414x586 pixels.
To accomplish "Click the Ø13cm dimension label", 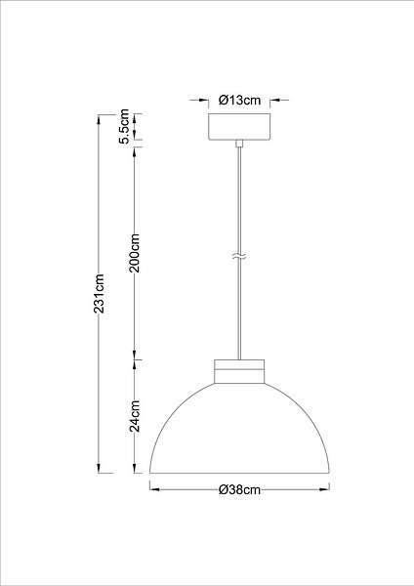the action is [x=239, y=101].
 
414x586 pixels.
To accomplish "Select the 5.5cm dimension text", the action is [x=124, y=126].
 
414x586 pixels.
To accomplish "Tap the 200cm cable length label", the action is [x=135, y=253].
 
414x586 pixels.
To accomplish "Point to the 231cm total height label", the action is [x=99, y=293].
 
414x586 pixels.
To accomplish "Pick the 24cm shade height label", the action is [x=135, y=416].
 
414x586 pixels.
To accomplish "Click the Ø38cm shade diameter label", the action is [x=239, y=489].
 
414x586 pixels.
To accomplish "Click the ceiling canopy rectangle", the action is [x=239, y=127].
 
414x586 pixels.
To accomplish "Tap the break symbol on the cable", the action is [x=239, y=256].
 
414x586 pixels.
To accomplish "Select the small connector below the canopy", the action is [x=239, y=144].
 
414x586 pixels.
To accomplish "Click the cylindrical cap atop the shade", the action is [x=239, y=371].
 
